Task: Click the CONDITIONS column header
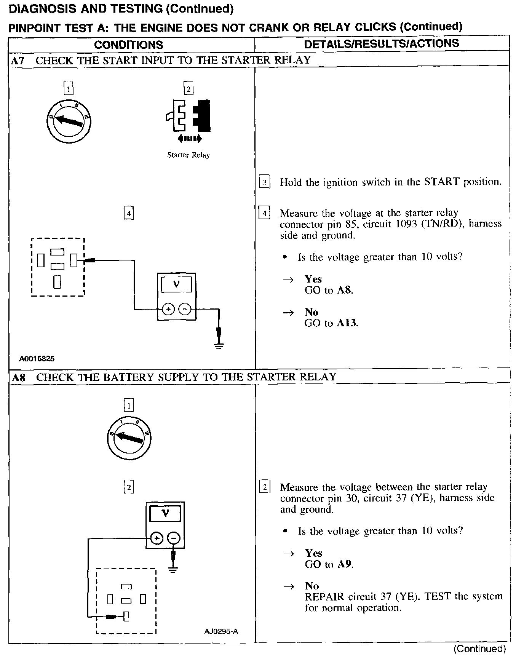click(x=128, y=45)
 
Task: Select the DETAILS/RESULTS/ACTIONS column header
click(x=381, y=44)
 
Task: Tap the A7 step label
click(x=18, y=61)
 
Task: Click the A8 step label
click(x=18, y=377)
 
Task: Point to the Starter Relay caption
click(x=189, y=155)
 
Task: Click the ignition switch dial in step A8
click(x=129, y=437)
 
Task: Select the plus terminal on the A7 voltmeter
click(x=168, y=309)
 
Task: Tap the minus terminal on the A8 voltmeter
click(x=174, y=538)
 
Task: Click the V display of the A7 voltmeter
click(x=176, y=284)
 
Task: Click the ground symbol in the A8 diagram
click(x=173, y=570)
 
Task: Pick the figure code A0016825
click(x=37, y=359)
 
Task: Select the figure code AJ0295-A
click(x=221, y=631)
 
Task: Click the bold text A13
click(x=347, y=323)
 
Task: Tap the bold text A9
click(x=345, y=564)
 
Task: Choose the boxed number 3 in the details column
click(x=264, y=182)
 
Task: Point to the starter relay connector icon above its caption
click(x=189, y=116)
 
